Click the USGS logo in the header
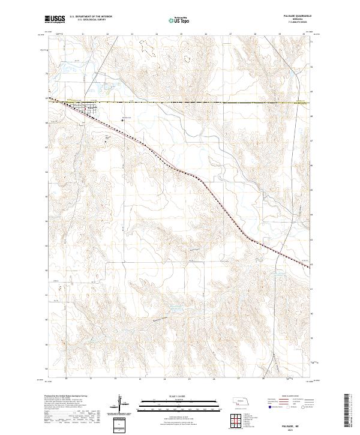[x=55, y=19]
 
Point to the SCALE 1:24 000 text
[x=172, y=397]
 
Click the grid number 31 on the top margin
[x=83, y=34]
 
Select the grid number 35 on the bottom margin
[x=189, y=379]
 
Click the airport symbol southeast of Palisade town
[x=123, y=119]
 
